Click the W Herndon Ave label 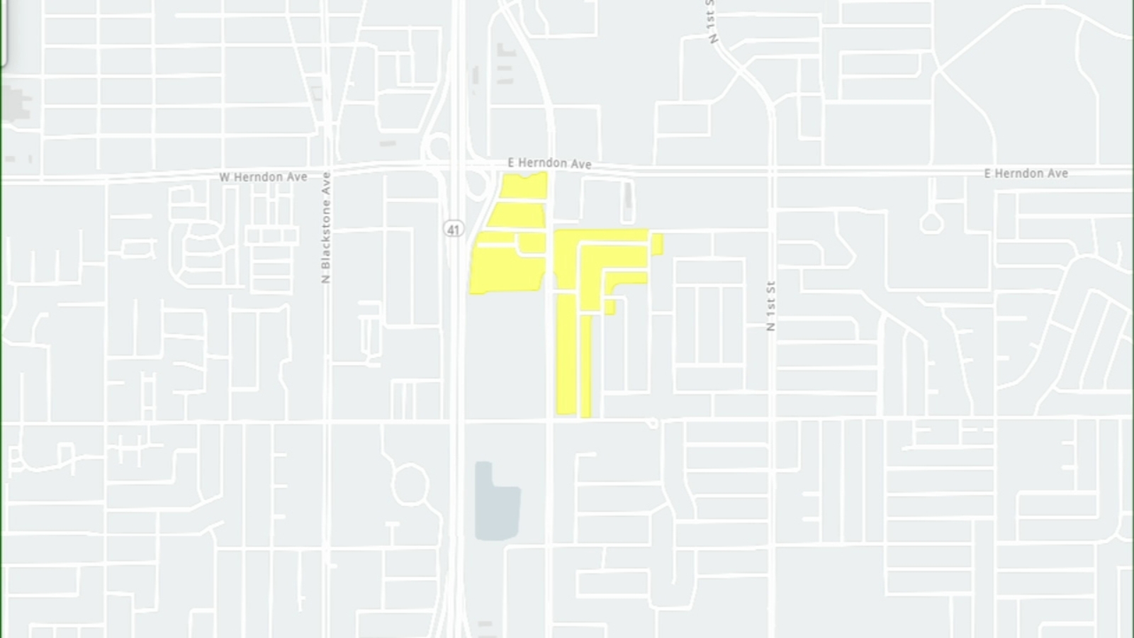(263, 177)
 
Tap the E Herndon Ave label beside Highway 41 (549, 163)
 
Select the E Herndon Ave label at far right (1026, 173)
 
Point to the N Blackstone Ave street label (325, 228)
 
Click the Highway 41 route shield (454, 229)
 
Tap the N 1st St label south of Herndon (771, 306)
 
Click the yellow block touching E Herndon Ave (524, 186)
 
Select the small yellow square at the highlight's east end (657, 244)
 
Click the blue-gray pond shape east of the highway (497, 500)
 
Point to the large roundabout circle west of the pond (410, 485)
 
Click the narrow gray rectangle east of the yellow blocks (627, 196)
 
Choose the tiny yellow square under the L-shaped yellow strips (610, 308)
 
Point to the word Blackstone (325, 234)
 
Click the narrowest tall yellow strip (585, 366)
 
